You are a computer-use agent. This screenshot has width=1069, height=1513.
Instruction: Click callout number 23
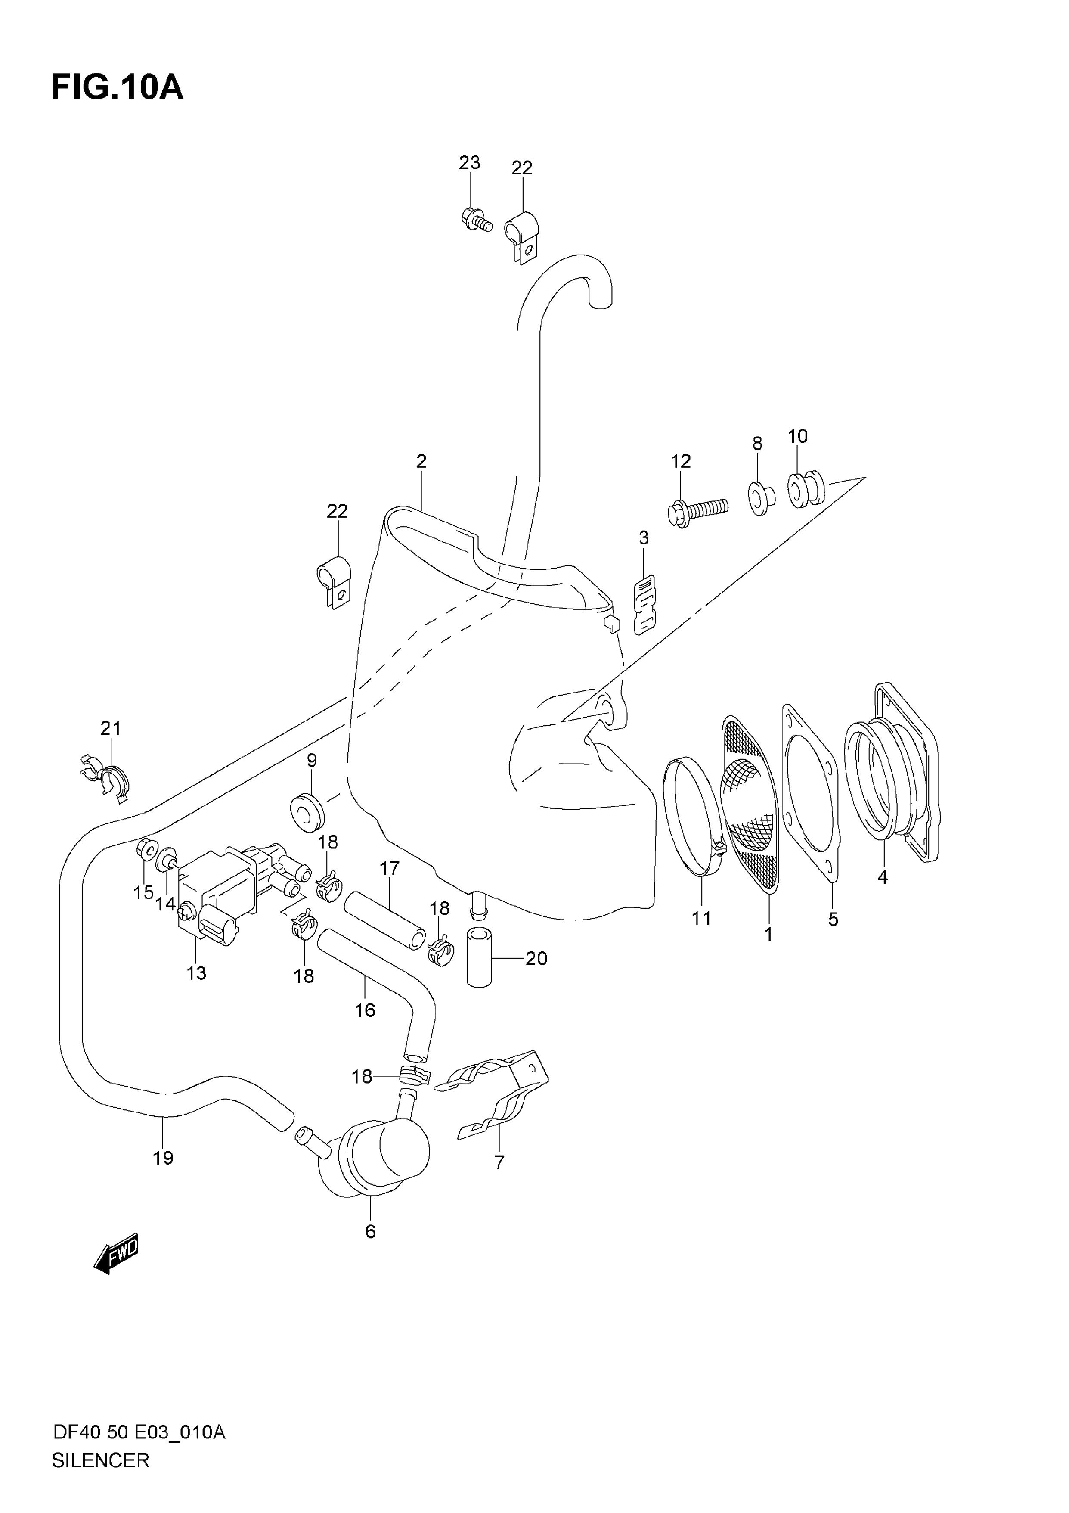pyautogui.click(x=470, y=163)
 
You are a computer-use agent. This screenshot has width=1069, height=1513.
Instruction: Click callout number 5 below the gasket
pyautogui.click(x=833, y=919)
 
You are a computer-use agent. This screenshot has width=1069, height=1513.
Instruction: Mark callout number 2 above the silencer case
pyautogui.click(x=421, y=461)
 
